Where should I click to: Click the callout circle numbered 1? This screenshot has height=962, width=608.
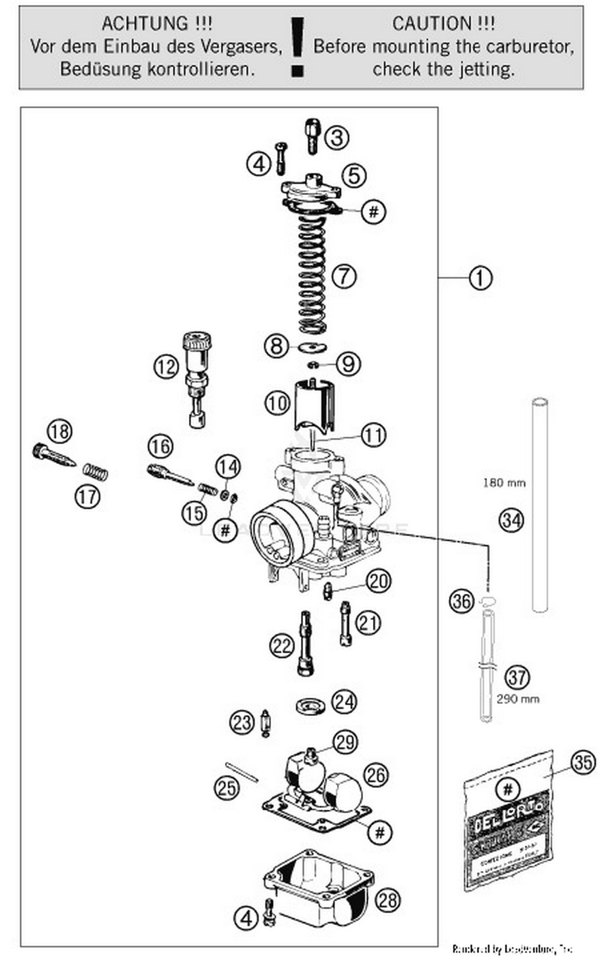[x=480, y=278]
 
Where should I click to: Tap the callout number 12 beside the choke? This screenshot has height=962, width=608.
[x=166, y=367]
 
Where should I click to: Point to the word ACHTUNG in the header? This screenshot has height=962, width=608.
[x=145, y=23]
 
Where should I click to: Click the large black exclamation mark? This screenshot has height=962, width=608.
[x=298, y=47]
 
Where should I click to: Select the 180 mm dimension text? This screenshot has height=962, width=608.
[x=504, y=483]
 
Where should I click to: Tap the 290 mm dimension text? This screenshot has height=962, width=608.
[x=518, y=699]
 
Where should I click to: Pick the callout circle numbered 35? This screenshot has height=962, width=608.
[x=583, y=762]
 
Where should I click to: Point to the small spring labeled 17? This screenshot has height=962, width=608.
[x=96, y=472]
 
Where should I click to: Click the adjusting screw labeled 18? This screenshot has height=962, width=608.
[x=53, y=455]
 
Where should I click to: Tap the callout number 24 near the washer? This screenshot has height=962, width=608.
[x=344, y=702]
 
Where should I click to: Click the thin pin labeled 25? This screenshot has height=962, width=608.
[x=242, y=772]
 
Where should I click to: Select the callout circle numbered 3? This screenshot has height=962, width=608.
[x=337, y=137]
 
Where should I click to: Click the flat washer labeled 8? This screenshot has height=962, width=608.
[x=312, y=347]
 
